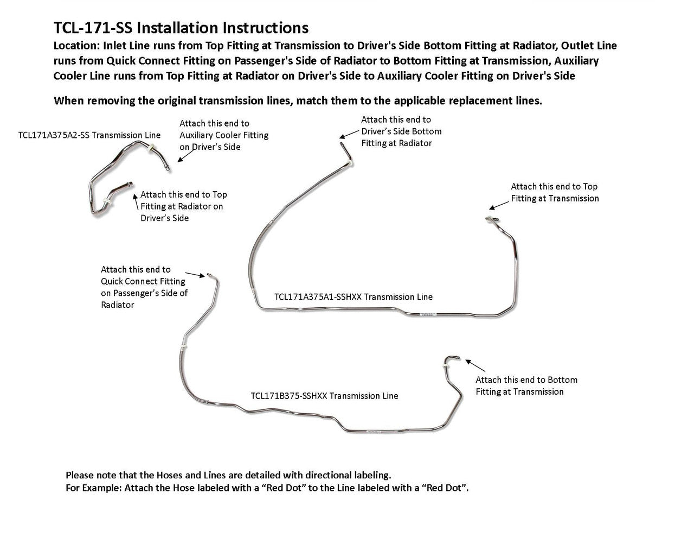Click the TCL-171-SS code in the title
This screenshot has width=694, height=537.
93,28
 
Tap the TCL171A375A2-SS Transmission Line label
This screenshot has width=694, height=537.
89,135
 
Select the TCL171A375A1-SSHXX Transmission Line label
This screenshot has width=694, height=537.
354,297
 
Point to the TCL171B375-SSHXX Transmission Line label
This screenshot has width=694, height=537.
324,396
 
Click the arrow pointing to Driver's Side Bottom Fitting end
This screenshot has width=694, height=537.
349,134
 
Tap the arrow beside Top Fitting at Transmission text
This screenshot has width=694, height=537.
499,205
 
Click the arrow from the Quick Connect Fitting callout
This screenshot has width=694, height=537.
195,275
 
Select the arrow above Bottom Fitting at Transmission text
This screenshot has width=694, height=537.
475,365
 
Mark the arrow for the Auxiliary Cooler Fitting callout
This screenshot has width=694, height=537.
185,156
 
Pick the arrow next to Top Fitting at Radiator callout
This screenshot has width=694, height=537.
136,201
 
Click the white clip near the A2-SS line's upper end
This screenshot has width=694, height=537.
151,148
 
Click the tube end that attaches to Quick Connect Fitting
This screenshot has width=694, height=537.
209,274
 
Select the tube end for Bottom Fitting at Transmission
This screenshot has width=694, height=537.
458,358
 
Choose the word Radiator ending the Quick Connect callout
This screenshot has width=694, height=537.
118,305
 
